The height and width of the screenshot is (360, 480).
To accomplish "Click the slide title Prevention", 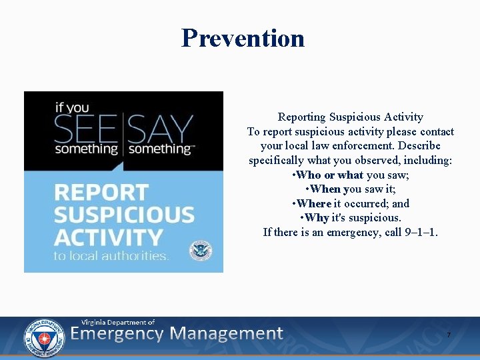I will point(243,38).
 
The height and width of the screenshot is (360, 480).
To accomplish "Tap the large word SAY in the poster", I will point(161,128).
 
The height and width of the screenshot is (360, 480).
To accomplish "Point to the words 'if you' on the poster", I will point(72,107).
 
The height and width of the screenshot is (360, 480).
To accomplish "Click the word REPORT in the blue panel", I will point(101,193).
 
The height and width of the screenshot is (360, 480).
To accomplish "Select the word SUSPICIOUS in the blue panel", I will point(124,215).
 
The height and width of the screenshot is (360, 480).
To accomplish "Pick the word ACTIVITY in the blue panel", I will point(108,237).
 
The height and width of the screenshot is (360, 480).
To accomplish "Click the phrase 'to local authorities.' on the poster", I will point(111,256).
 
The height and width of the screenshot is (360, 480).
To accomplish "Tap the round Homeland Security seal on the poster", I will point(199,250).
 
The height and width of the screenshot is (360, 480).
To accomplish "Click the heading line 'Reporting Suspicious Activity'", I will point(350,117).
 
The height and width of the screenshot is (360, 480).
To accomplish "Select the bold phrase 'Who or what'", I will point(330,175).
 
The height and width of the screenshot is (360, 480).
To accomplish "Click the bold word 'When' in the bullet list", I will point(325,189).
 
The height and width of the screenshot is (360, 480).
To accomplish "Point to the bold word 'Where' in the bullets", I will point(314,203).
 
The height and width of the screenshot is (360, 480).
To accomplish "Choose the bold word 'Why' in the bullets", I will point(316,218).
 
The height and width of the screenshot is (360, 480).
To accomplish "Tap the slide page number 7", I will point(449,334).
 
